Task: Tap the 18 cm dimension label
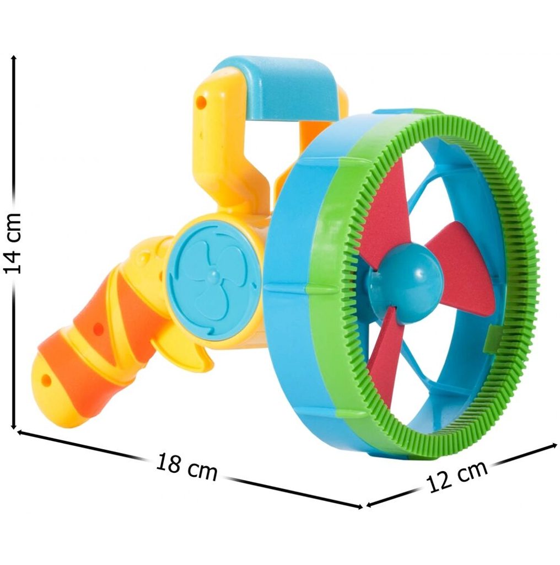(x=187, y=467)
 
